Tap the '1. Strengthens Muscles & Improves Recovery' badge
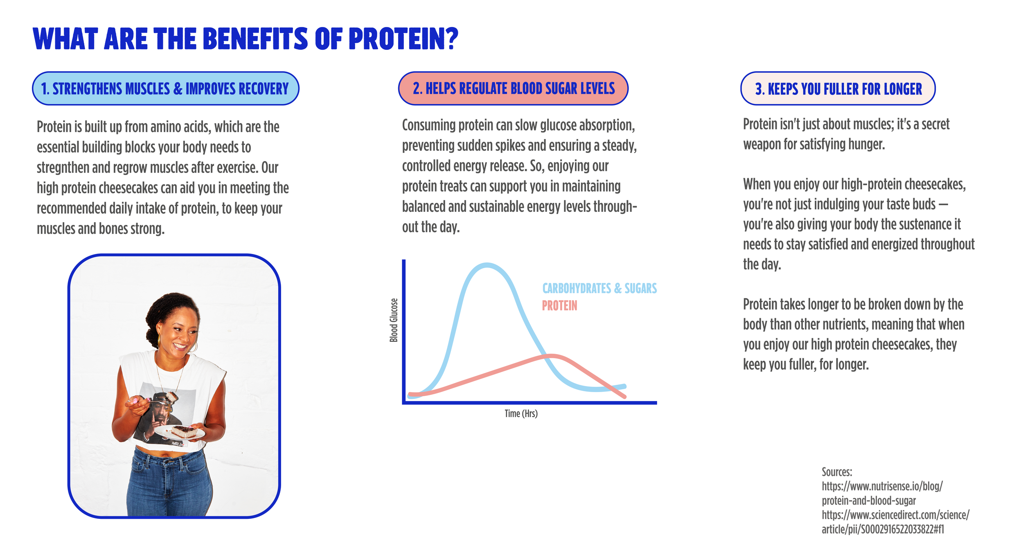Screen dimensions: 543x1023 click(165, 89)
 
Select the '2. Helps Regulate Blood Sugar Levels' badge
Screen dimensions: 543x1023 click(513, 89)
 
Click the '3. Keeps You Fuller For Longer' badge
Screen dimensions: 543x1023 click(838, 89)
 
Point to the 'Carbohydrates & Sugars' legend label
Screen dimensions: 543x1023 click(599, 288)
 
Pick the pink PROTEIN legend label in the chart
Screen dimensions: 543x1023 click(559, 306)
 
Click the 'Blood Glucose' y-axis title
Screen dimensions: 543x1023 click(394, 320)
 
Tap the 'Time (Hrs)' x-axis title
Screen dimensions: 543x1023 click(521, 413)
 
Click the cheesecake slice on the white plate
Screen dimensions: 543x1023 click(184, 431)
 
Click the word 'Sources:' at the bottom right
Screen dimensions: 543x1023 click(836, 472)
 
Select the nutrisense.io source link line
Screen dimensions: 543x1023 click(882, 486)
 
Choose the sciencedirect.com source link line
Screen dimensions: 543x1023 click(895, 515)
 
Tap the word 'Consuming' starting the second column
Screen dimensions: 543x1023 click(429, 125)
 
